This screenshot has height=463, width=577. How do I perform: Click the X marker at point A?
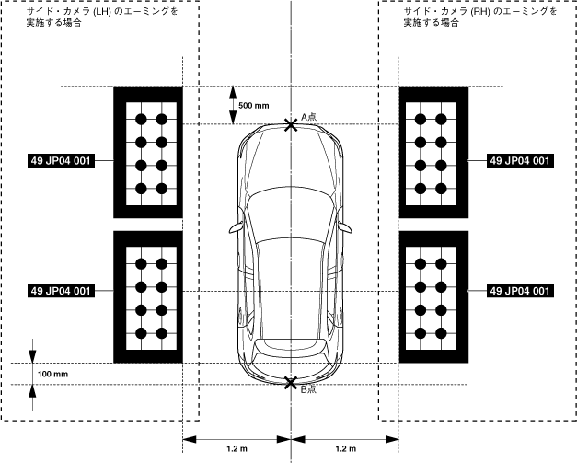291,123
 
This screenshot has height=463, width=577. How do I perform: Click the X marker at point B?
291,382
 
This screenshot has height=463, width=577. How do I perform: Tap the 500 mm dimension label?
253,106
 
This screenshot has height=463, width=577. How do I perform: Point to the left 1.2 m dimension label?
237,448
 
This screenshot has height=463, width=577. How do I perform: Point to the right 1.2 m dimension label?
345,448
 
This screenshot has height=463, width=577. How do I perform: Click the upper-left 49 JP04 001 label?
60,160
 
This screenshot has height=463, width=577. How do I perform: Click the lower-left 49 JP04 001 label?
60,291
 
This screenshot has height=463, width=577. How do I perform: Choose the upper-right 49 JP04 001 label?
521,160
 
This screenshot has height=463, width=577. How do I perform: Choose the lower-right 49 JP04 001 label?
521,291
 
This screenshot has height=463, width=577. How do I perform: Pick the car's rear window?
291,347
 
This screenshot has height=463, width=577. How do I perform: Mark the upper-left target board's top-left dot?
141,119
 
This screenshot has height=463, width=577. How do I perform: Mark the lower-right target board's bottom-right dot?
441,332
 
